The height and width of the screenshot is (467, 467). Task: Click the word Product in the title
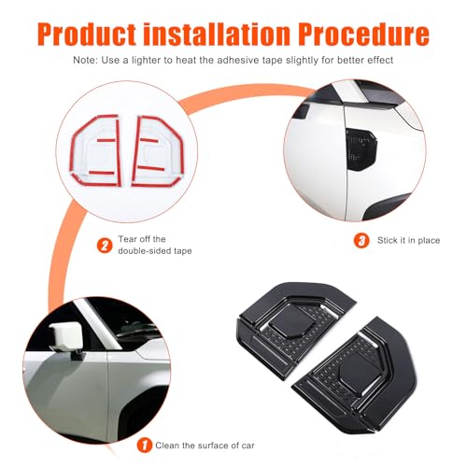click(87, 34)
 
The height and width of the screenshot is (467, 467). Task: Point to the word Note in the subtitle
click(84, 60)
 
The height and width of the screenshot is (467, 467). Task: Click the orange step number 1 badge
click(145, 446)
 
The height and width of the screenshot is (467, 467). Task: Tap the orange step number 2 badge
click(105, 246)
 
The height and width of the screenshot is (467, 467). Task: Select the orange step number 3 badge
click(361, 241)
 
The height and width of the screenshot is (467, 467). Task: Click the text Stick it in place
click(409, 240)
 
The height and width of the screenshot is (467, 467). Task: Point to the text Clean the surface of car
click(205, 446)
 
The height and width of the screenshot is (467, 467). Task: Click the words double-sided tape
click(155, 251)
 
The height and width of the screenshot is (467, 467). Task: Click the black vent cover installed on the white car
click(361, 149)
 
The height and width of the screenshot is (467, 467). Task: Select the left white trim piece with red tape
click(96, 150)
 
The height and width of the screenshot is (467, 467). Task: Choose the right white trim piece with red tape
click(158, 151)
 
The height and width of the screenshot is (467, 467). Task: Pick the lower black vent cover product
click(355, 376)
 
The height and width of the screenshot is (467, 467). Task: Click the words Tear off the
click(142, 239)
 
